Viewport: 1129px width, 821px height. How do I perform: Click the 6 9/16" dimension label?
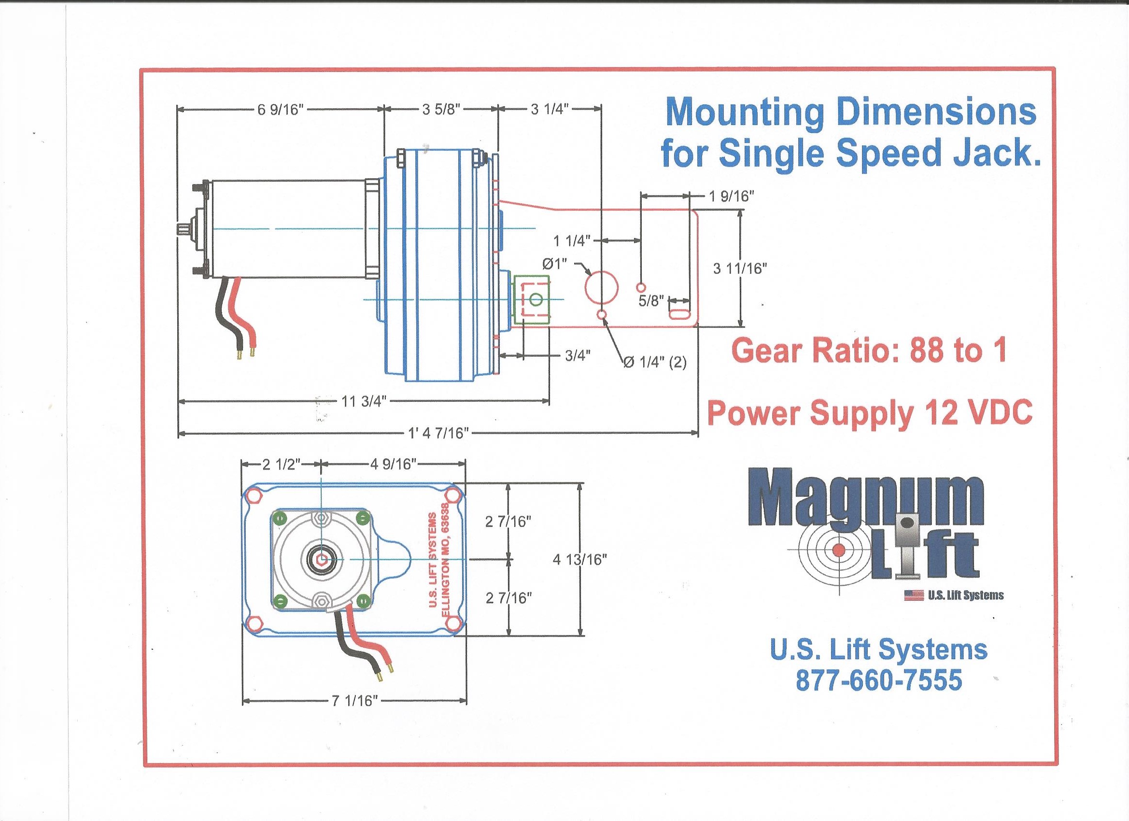coord(280,110)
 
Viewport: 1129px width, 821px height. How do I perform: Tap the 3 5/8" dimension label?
coord(441,110)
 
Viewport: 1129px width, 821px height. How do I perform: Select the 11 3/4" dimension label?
coord(364,401)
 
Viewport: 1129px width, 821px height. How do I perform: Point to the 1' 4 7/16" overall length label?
coord(438,434)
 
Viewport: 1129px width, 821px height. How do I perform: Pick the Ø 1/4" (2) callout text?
coord(655,363)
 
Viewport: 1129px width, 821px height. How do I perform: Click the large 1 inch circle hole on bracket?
coord(601,287)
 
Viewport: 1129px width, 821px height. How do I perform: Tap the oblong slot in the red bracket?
coord(680,314)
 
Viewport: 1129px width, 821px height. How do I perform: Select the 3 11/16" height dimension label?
coord(740,269)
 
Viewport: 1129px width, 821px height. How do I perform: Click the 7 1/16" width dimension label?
coord(355,701)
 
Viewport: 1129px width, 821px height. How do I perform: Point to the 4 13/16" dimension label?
coord(580,560)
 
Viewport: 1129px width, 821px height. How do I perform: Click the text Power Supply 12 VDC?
coord(870,413)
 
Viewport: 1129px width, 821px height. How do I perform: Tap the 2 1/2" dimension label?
coord(282,465)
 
